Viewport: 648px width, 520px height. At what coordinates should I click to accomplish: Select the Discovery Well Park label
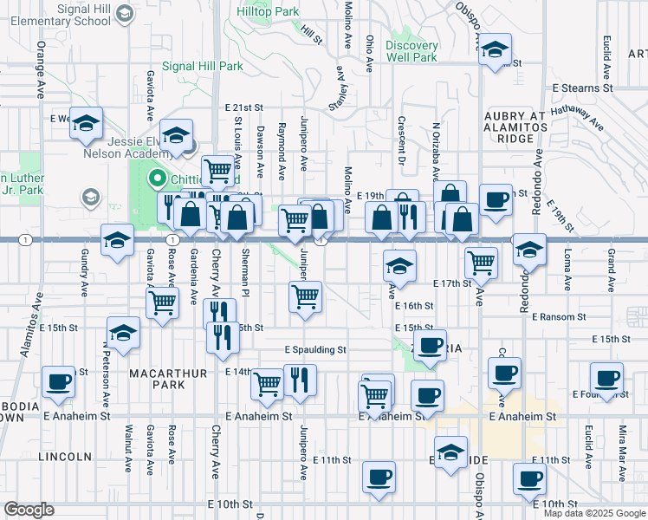coord(411,51)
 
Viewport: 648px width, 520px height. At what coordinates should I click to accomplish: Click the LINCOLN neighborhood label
coord(66,456)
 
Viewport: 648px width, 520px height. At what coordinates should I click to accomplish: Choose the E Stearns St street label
coord(583,88)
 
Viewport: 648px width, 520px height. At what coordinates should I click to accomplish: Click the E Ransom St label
coord(569,317)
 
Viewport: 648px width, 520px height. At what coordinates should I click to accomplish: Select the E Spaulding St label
coord(315,350)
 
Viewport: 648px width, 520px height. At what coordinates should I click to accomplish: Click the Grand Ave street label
coord(611,270)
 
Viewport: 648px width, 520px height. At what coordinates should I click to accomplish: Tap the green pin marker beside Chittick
coord(158,180)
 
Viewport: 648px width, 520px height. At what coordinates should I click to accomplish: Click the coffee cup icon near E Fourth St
coord(606,378)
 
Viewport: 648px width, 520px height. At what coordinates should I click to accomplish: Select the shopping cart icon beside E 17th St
coord(481,261)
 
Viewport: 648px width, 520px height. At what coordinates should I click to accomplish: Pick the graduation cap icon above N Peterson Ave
coord(123,333)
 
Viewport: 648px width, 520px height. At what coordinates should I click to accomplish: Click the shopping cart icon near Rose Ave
coord(162,303)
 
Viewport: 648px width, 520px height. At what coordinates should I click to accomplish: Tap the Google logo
coord(29,510)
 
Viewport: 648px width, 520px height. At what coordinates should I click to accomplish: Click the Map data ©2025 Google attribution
coord(593,513)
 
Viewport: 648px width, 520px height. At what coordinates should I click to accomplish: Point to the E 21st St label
coord(243,107)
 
